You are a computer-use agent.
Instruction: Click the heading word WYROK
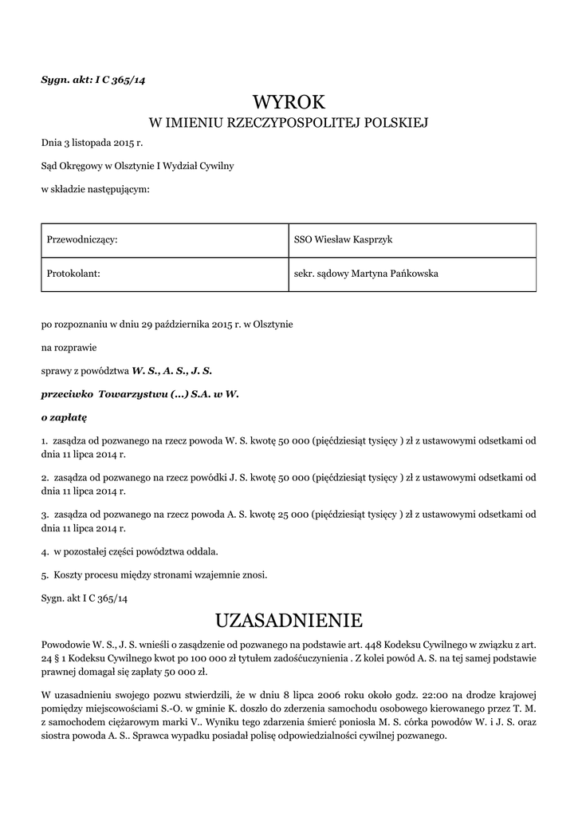289,102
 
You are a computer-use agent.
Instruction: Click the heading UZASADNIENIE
289,620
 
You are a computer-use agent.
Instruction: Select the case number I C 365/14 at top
123,80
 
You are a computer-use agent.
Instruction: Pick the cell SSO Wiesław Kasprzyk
344,240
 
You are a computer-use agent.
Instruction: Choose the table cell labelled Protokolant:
73,274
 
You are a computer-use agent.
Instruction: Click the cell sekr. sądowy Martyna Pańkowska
366,274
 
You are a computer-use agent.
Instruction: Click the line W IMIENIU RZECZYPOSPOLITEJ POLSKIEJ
289,123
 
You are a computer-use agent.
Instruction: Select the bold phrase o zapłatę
64,416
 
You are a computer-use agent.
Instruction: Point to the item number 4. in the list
45,551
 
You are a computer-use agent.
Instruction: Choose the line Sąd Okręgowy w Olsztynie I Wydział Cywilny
138,167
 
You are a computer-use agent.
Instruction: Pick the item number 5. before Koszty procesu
45,574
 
